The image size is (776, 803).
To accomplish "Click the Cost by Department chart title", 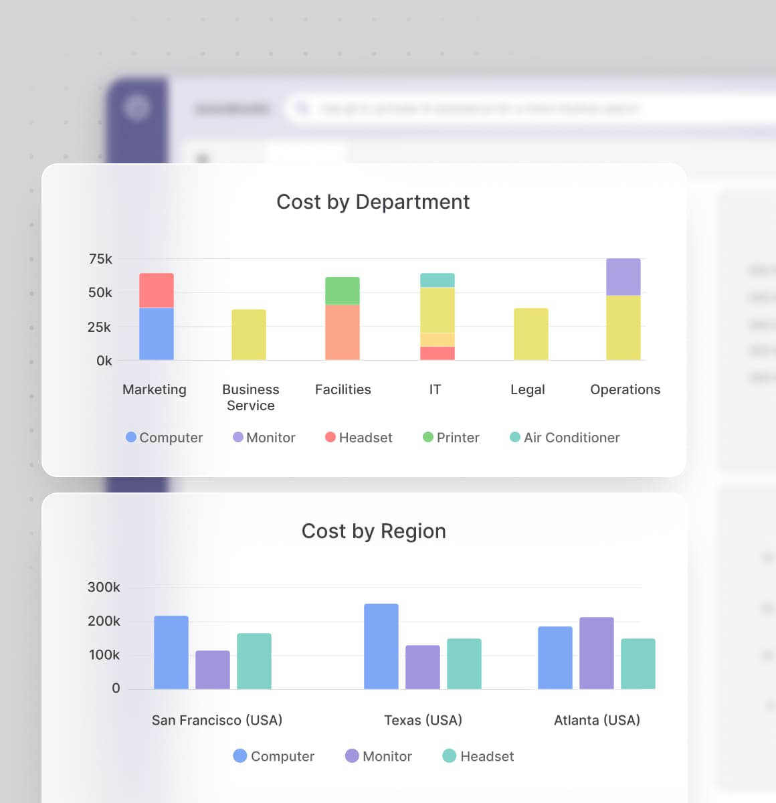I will (373, 202).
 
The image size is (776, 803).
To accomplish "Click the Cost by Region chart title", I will (373, 531).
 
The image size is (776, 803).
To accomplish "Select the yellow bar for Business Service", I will (249, 335).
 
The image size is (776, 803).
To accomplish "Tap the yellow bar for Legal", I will (530, 334).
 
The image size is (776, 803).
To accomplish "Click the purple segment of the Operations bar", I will (623, 277).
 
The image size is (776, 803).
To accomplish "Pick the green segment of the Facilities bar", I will (343, 291).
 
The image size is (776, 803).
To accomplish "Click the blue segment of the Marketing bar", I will (157, 334).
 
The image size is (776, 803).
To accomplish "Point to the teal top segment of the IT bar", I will (437, 280).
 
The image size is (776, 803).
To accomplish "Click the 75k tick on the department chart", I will (100, 259).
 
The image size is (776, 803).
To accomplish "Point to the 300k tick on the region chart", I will (104, 588).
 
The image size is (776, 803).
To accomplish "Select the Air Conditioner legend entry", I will (565, 438).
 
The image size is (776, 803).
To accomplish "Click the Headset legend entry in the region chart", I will (478, 756).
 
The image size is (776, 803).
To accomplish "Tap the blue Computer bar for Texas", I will (381, 646).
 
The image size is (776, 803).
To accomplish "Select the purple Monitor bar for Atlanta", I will (596, 653).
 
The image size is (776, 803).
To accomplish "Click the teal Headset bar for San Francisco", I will (254, 661).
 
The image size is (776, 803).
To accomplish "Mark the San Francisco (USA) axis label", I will (217, 720).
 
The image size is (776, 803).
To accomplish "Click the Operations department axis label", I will (625, 389).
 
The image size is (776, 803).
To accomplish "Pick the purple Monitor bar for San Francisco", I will (213, 670).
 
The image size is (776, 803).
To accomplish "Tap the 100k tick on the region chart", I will (104, 655).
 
